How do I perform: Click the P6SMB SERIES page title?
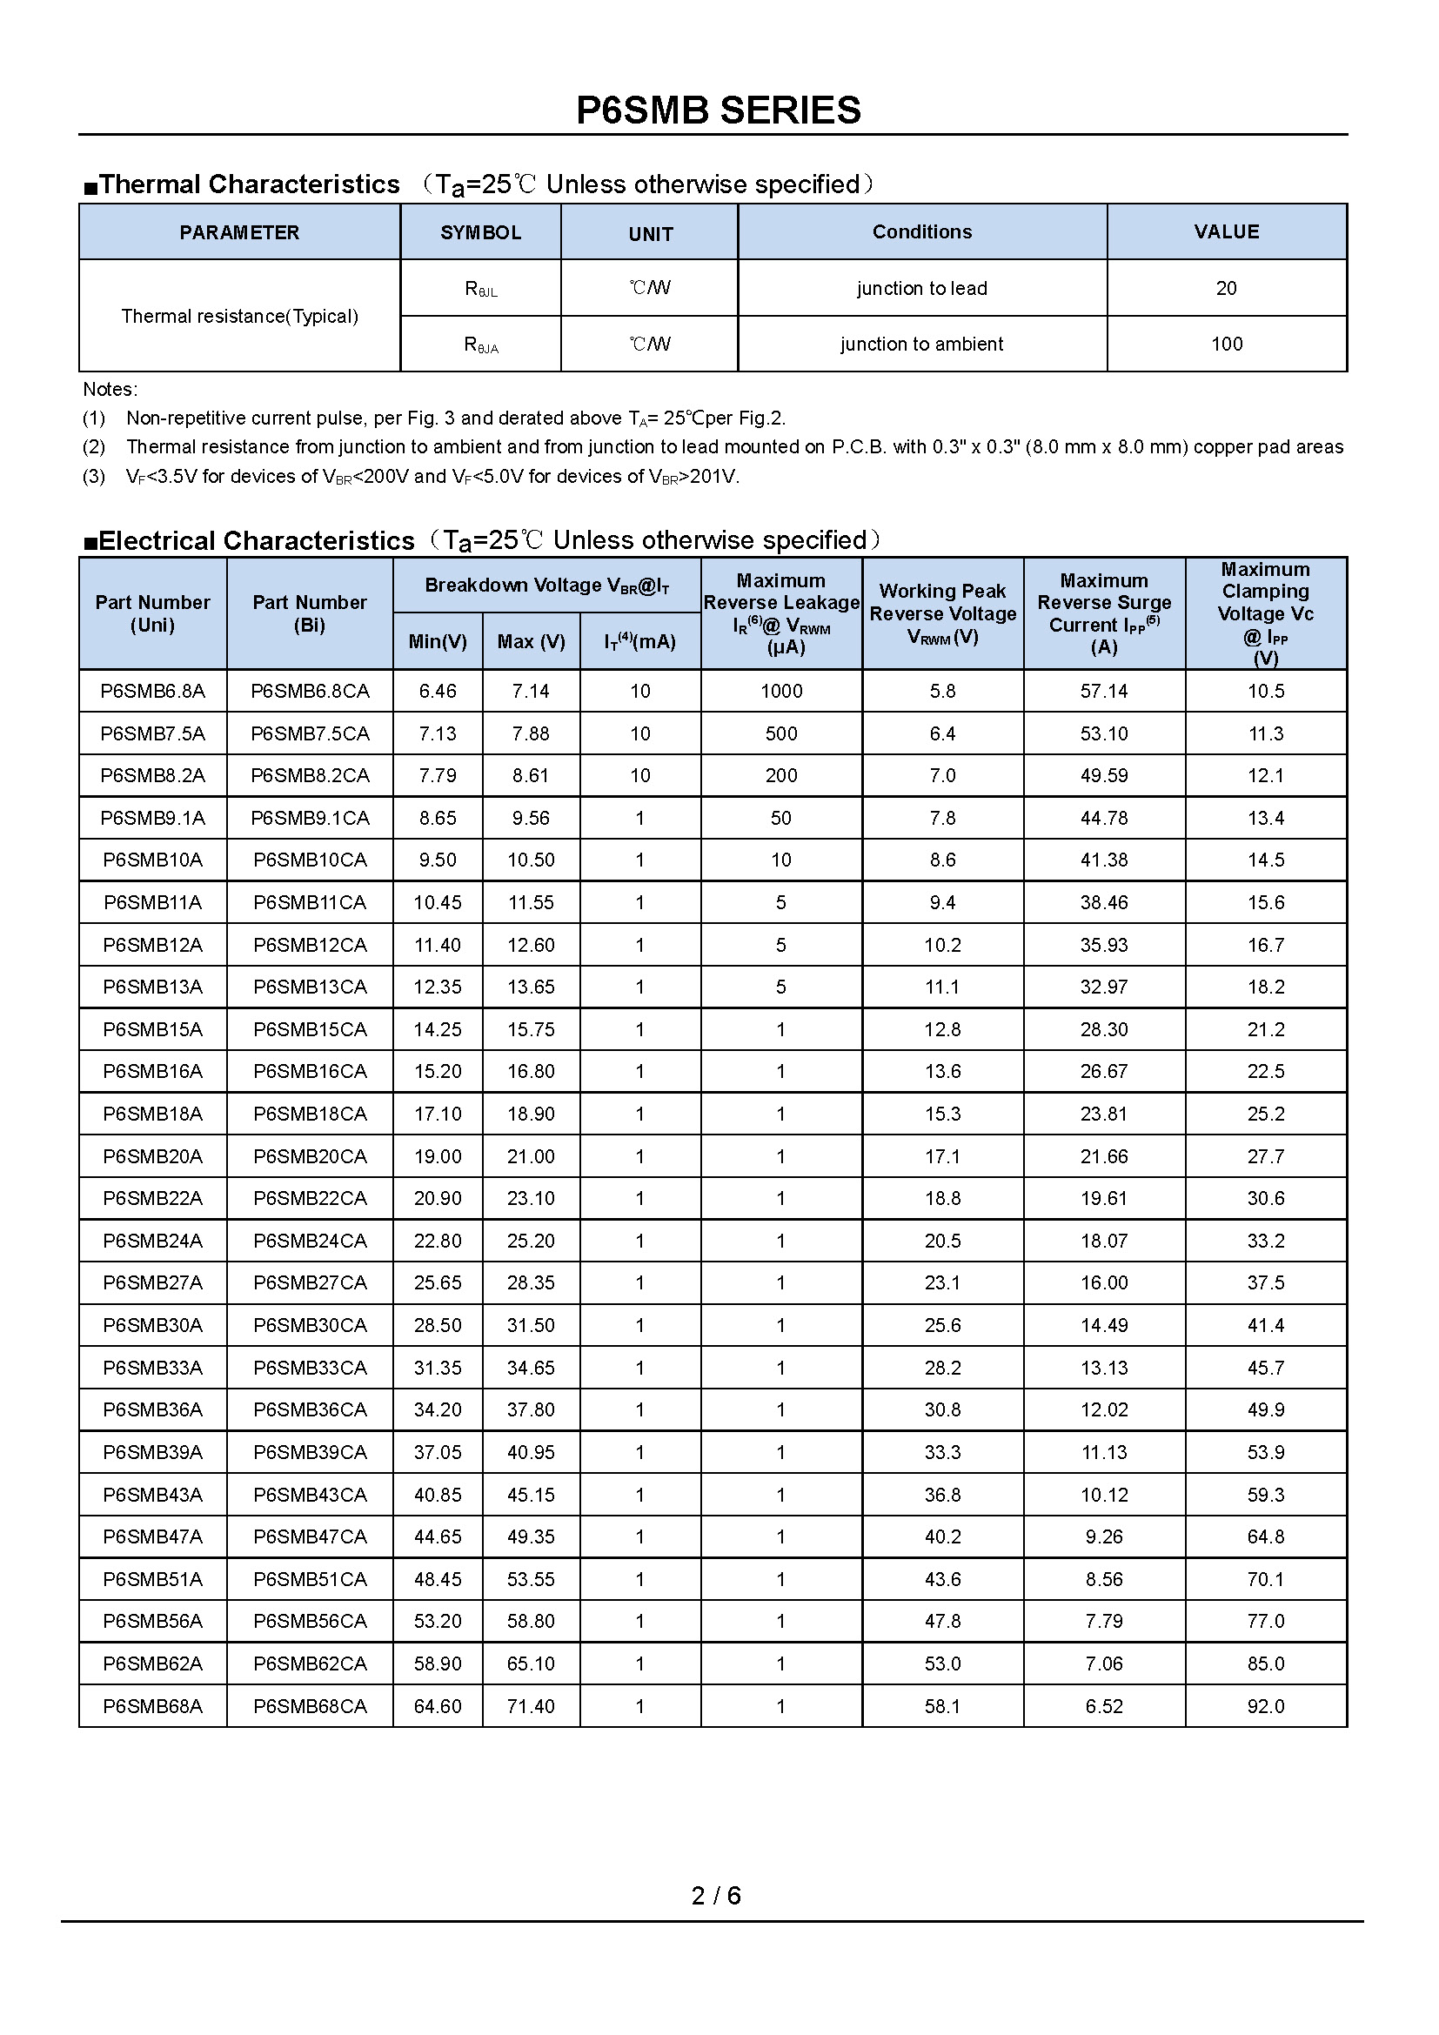718,110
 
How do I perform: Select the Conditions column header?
921,232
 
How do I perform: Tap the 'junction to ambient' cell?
921,344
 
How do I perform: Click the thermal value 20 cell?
1227,288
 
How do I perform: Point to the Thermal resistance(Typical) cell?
239,317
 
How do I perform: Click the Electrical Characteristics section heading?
256,540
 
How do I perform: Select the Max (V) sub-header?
531,642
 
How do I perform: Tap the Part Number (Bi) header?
309,613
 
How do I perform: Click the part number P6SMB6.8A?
152,692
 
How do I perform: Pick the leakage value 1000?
780,692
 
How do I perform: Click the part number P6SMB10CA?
309,860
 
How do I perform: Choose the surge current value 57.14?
1103,692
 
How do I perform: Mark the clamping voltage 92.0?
1265,1706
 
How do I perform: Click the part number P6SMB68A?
152,1706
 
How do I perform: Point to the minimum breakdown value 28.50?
438,1325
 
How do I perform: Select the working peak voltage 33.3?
942,1452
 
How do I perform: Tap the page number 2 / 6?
716,1895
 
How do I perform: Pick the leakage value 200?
780,775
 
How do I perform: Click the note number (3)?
94,477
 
